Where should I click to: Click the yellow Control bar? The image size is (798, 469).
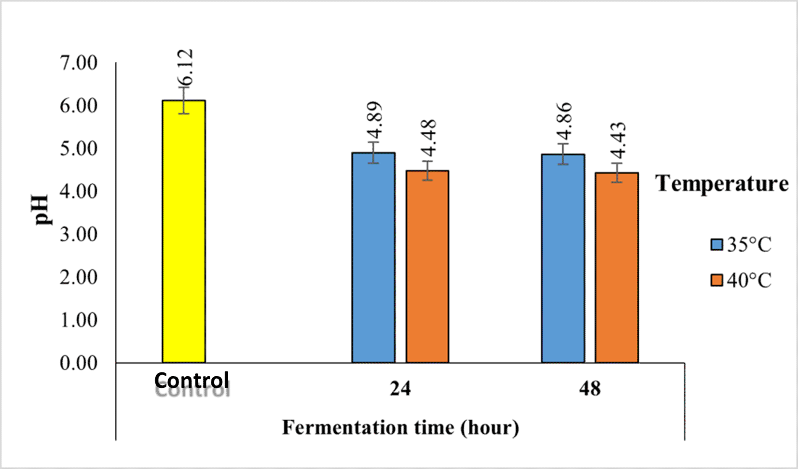pyautogui.click(x=183, y=232)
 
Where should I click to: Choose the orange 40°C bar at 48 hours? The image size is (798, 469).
pyautogui.click(x=617, y=268)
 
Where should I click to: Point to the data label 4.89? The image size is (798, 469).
pyautogui.click(x=375, y=121)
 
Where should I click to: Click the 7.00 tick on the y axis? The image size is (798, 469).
pyautogui.click(x=79, y=63)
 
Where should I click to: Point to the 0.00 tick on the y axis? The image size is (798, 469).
pyautogui.click(x=79, y=363)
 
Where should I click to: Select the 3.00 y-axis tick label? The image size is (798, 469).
pyautogui.click(x=79, y=235)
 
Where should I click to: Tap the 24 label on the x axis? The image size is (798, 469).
pyautogui.click(x=400, y=388)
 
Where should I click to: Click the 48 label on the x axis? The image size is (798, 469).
pyautogui.click(x=590, y=388)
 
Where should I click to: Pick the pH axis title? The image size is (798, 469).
pyautogui.click(x=42, y=210)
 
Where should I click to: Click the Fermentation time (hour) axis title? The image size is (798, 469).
pyautogui.click(x=400, y=428)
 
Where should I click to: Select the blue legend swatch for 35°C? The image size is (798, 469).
pyautogui.click(x=716, y=244)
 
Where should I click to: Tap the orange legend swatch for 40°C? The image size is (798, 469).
pyautogui.click(x=716, y=280)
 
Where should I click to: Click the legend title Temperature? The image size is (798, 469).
pyautogui.click(x=721, y=184)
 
